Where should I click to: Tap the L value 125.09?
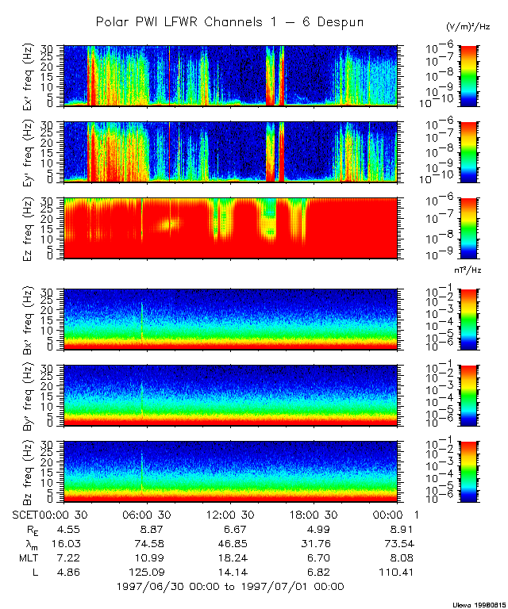pos(147,572)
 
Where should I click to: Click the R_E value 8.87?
pos(147,529)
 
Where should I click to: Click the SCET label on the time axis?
pos(27,514)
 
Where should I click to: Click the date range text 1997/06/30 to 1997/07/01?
pos(229,587)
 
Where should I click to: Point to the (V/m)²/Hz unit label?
pos(468,26)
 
